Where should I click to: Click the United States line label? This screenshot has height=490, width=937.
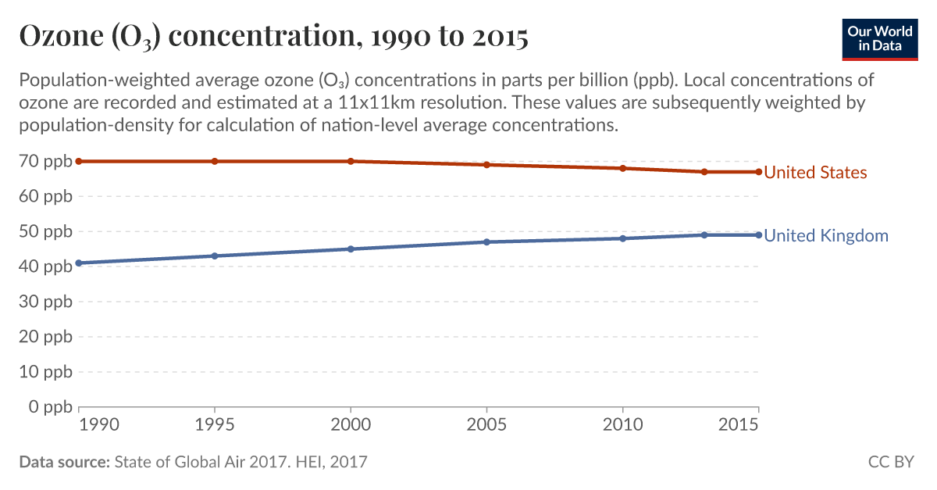click(x=815, y=173)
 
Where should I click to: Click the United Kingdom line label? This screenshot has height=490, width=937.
click(x=825, y=236)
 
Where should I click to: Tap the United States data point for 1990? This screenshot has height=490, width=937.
click(x=79, y=161)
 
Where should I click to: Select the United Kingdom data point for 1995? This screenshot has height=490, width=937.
click(x=215, y=256)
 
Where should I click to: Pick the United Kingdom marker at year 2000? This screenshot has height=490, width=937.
click(x=351, y=249)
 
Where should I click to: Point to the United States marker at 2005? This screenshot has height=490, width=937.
click(x=486, y=165)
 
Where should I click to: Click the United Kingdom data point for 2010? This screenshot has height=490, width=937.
click(x=622, y=238)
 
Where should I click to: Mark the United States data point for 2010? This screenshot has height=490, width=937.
click(x=622, y=168)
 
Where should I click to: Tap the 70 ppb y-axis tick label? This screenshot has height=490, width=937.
click(x=46, y=161)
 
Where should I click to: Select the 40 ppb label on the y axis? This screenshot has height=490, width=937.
click(x=46, y=266)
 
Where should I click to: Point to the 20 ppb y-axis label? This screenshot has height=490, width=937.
click(x=46, y=337)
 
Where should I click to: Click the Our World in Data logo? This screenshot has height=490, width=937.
click(x=879, y=38)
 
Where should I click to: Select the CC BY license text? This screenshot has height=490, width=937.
click(x=891, y=462)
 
